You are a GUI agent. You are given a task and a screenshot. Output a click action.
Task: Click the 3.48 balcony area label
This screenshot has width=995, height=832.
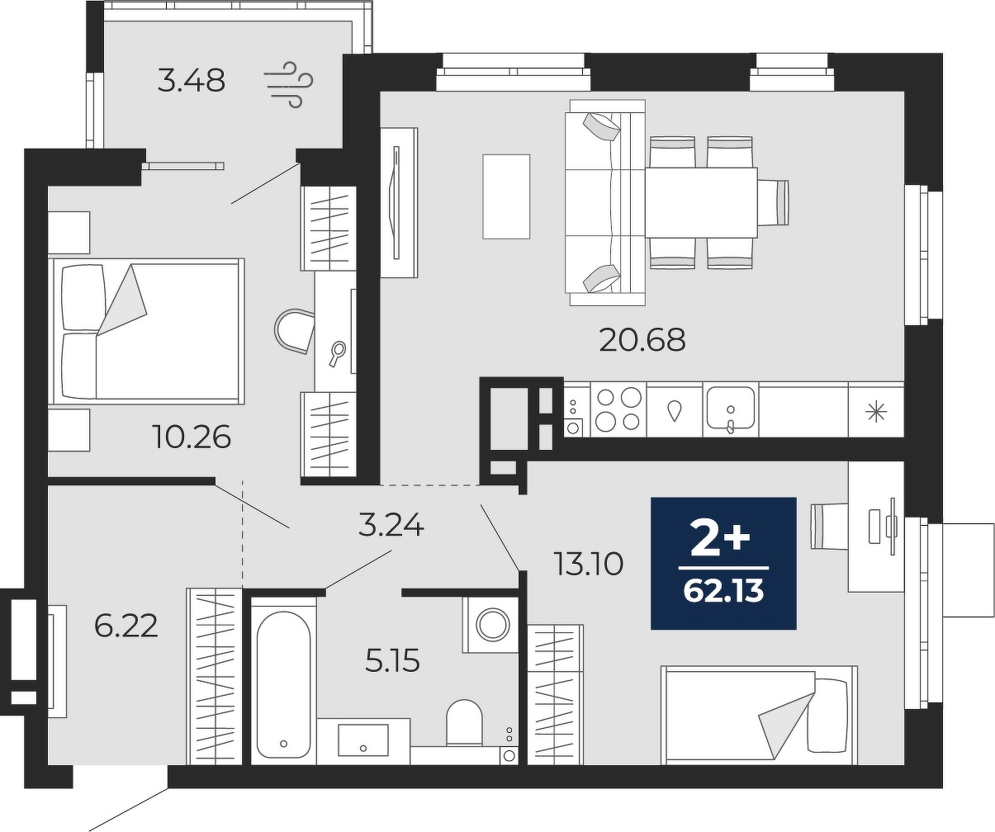pyautogui.click(x=191, y=81)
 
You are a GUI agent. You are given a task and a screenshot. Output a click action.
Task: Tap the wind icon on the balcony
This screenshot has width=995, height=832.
pyautogui.click(x=288, y=85)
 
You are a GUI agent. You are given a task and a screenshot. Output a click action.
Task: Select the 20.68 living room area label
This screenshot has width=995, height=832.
pyautogui.click(x=642, y=340)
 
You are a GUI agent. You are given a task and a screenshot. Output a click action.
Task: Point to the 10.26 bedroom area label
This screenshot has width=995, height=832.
pyautogui.click(x=193, y=437)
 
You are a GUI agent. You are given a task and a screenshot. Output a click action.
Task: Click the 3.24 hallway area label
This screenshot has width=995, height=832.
pyautogui.click(x=391, y=526)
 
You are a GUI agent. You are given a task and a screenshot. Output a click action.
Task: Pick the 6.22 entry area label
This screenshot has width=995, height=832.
pyautogui.click(x=126, y=626)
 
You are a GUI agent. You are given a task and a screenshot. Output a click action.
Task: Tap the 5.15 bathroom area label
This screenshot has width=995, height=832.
pyautogui.click(x=392, y=661)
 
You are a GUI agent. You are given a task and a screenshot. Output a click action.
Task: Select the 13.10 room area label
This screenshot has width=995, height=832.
pyautogui.click(x=589, y=565)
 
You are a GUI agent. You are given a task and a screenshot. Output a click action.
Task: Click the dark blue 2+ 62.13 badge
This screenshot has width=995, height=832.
pyautogui.click(x=723, y=563)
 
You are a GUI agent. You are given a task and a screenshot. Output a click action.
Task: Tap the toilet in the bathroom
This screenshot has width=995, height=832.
pyautogui.click(x=465, y=723)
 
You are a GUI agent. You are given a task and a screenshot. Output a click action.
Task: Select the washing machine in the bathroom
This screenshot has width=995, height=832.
pyautogui.click(x=490, y=625)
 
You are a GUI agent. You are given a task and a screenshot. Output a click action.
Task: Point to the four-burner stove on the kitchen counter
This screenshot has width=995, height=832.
pyautogui.click(x=618, y=409)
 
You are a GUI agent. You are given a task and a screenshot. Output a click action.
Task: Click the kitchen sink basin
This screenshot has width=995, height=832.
pyautogui.click(x=731, y=408)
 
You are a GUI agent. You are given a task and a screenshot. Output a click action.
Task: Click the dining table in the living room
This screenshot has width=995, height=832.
pyautogui.click(x=702, y=202)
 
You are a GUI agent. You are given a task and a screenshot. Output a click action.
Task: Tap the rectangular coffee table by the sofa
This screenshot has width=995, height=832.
pyautogui.click(x=506, y=196)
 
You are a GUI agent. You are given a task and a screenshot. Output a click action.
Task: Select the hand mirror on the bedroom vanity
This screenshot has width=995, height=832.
pyautogui.click(x=337, y=353)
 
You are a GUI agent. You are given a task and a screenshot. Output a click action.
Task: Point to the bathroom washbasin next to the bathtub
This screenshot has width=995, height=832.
pyautogui.click(x=363, y=740)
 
